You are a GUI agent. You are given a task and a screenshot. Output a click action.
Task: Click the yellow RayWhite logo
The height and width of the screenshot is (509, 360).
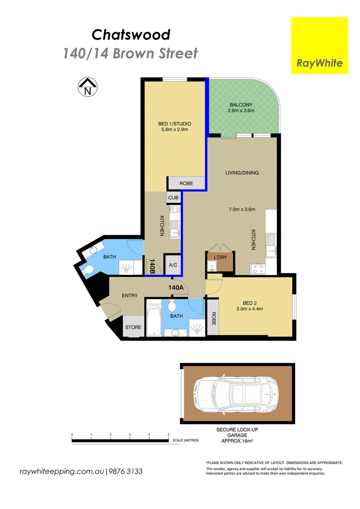(x=319, y=45)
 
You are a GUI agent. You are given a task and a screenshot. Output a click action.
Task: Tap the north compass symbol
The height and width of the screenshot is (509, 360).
(x=88, y=87)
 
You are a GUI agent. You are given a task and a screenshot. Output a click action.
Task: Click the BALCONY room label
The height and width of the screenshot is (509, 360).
(x=241, y=105)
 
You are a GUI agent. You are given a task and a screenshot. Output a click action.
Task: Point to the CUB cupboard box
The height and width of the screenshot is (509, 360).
(x=173, y=198)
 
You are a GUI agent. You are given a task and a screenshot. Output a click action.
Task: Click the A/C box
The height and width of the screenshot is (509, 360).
(x=173, y=265)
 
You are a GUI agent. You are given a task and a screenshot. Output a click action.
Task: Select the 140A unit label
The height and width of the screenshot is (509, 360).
(x=176, y=287)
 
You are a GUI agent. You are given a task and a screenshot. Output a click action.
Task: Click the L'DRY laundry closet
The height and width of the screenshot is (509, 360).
(x=220, y=261)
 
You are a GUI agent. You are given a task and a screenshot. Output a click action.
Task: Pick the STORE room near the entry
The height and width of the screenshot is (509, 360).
(x=133, y=326)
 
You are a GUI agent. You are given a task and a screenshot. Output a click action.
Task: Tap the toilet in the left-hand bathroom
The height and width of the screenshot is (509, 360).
(x=88, y=270)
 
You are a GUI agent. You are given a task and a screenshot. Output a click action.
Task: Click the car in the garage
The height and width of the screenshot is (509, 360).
(x=236, y=393)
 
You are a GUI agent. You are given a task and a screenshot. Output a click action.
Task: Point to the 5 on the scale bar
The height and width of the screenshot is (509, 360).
(x=168, y=434)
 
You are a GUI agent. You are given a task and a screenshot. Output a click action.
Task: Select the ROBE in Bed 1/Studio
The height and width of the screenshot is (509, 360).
(x=186, y=184)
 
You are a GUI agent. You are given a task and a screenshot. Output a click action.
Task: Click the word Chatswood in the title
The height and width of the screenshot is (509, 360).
(x=131, y=35)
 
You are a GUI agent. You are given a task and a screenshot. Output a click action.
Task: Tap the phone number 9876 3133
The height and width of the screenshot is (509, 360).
(x=126, y=471)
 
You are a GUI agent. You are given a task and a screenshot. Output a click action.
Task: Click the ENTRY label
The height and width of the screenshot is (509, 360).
(x=130, y=295)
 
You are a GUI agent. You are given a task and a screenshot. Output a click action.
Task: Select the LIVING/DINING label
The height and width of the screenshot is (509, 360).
(x=242, y=173)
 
